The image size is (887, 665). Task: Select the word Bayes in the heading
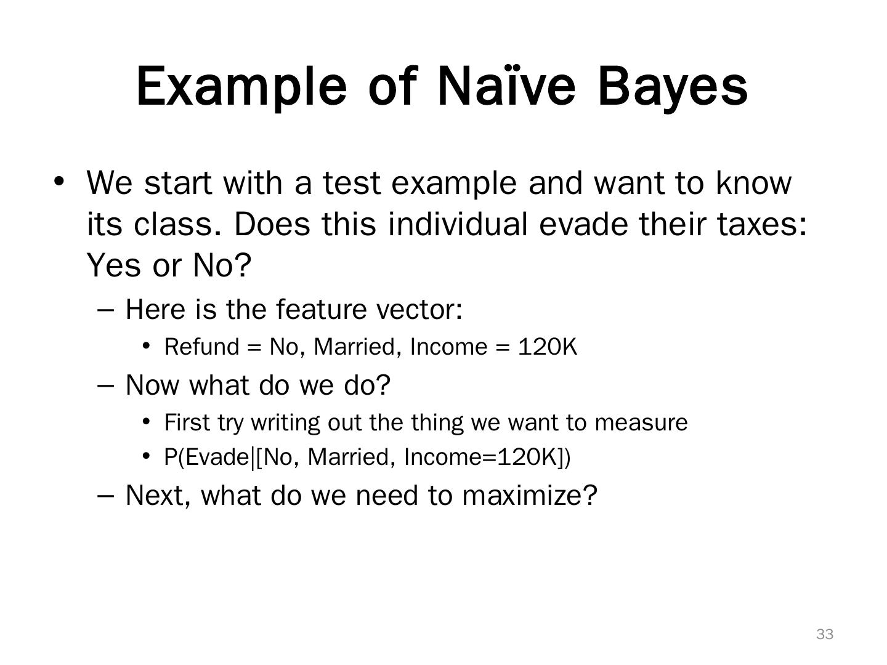click(673, 86)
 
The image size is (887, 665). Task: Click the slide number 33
click(825, 634)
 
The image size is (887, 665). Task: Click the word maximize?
click(530, 495)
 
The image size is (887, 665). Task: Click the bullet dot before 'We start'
click(59, 182)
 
